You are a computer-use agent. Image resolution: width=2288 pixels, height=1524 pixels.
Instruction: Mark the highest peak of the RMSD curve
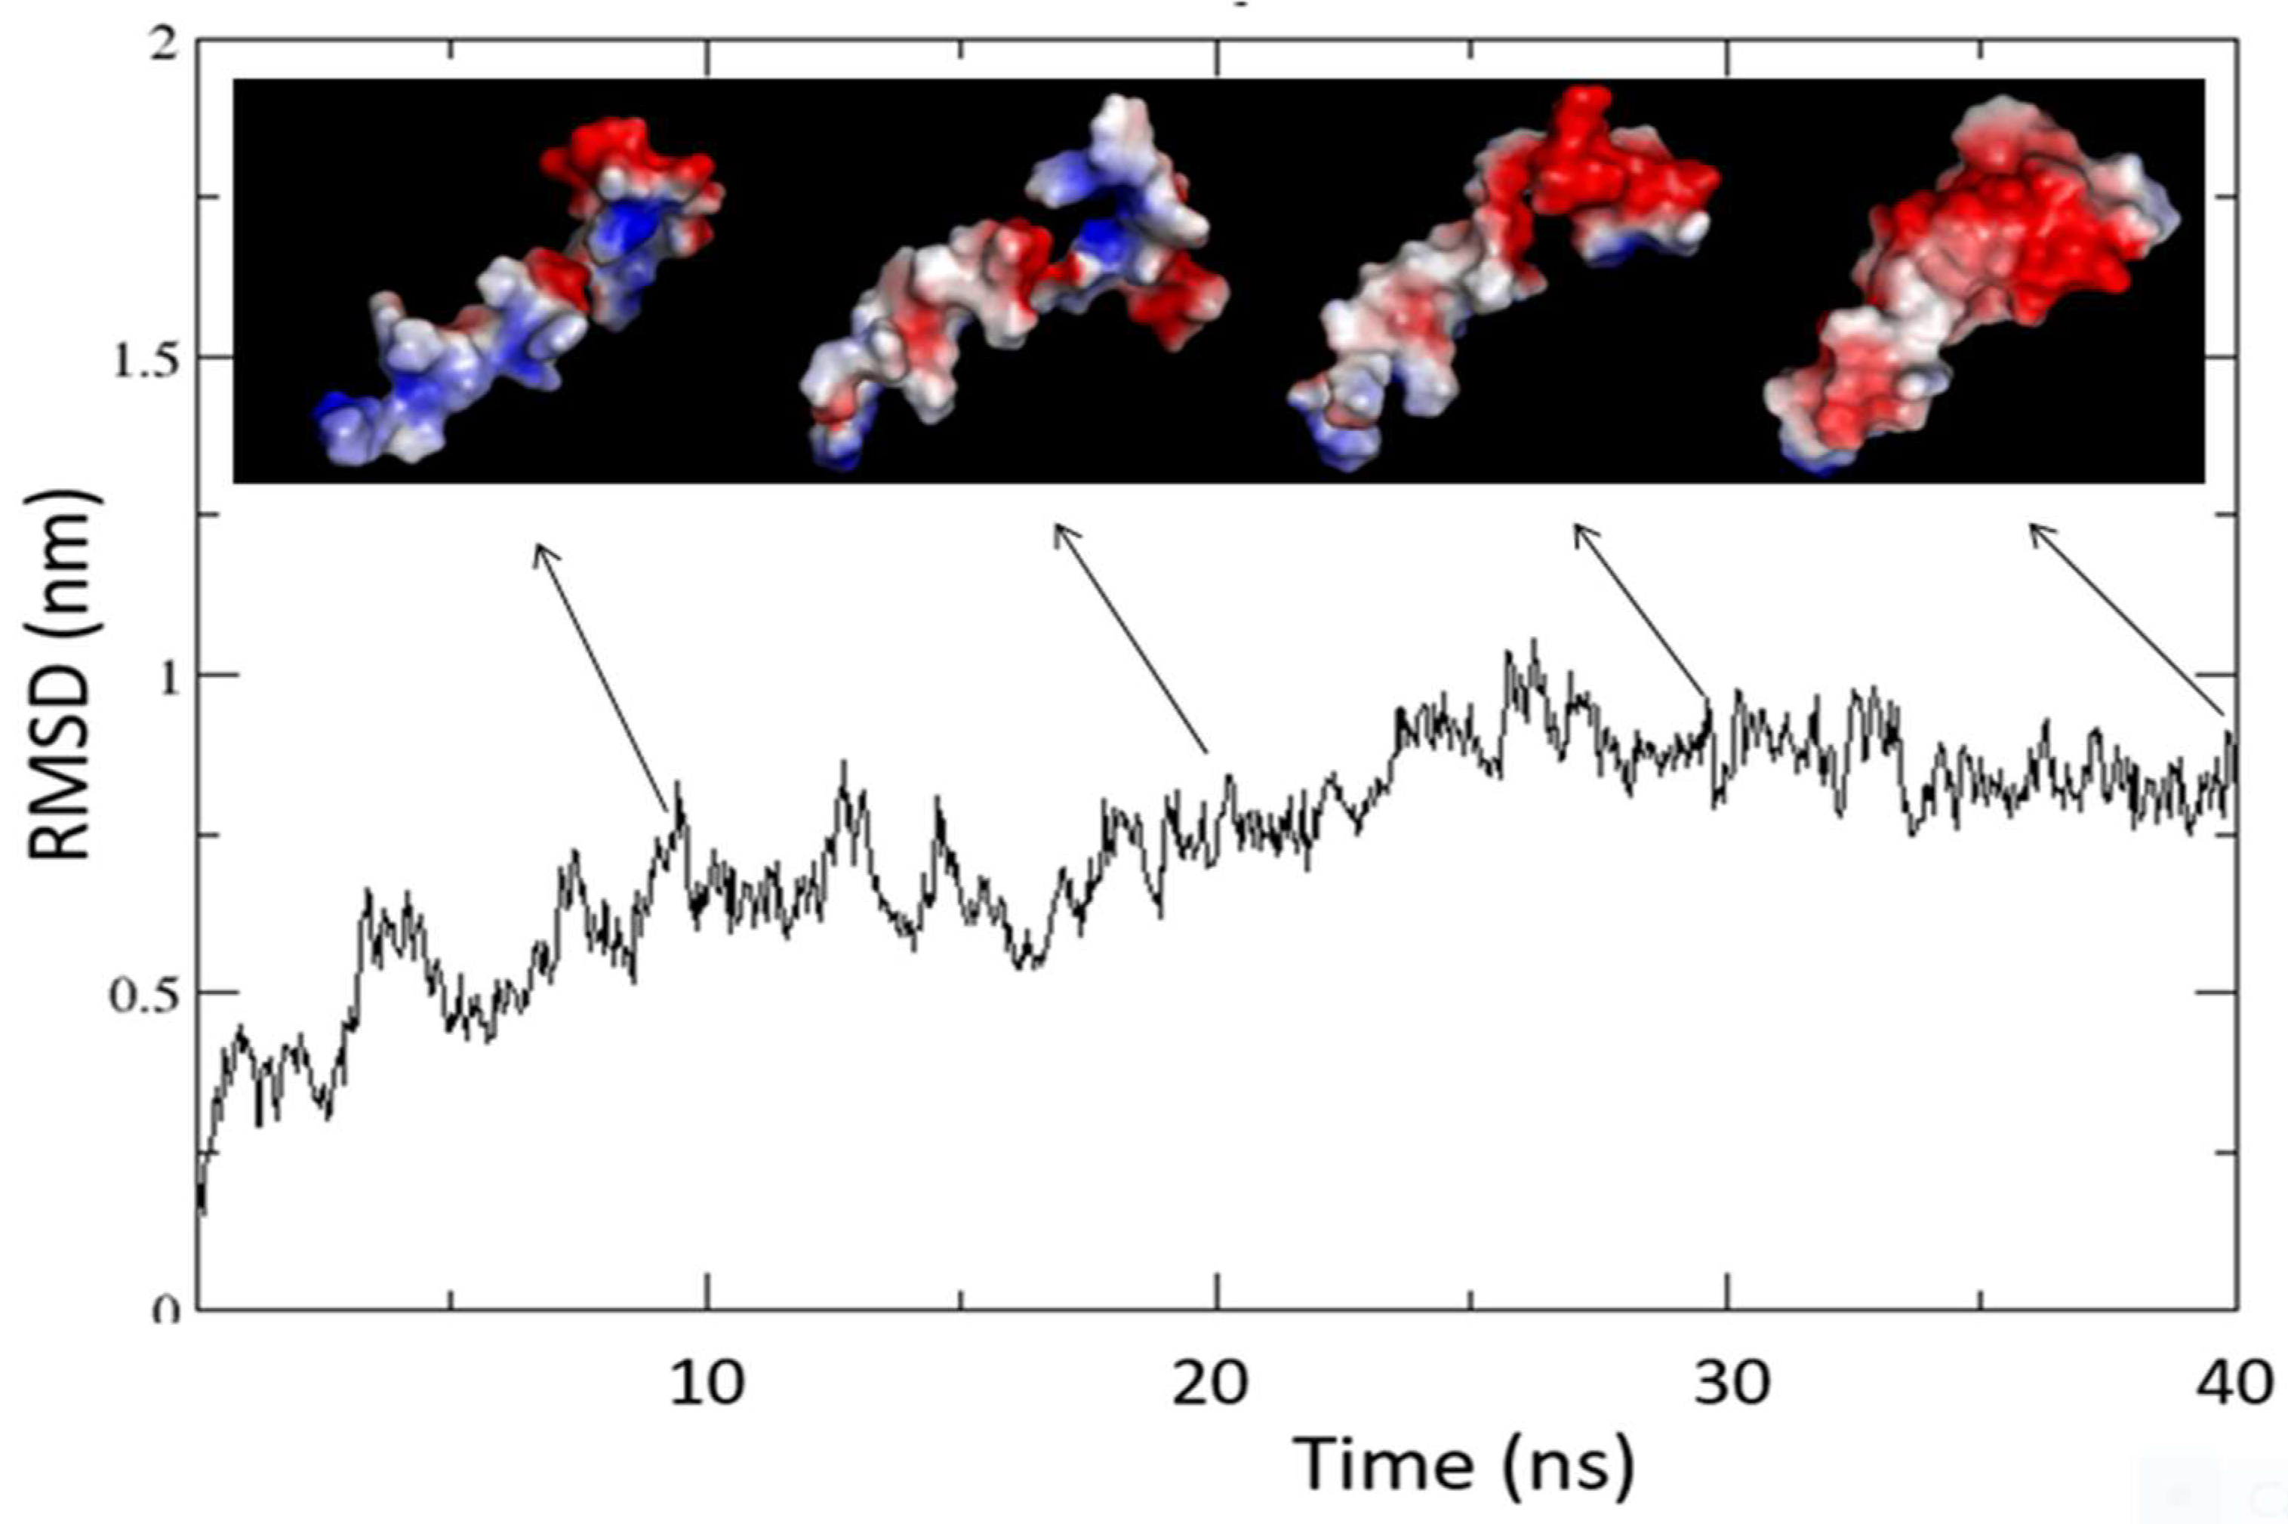click(1534, 642)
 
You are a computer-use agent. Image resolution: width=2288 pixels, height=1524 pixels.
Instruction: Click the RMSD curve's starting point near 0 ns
click(202, 1211)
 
